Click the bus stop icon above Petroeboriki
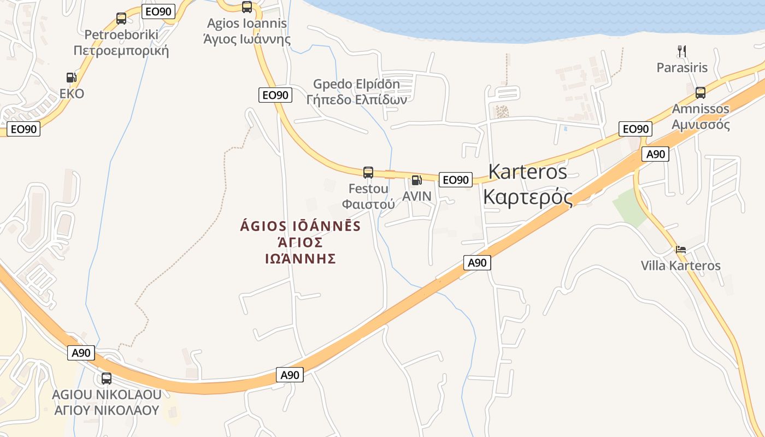(121, 19)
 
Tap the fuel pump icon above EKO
(72, 78)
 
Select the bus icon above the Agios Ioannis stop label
(247, 7)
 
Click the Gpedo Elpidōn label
(356, 92)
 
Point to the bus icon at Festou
(368, 173)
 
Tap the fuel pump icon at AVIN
(416, 180)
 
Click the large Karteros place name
(528, 184)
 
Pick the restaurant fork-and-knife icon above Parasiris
(681, 51)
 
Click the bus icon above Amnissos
(701, 92)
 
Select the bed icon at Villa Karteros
(681, 250)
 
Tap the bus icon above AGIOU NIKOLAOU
(107, 378)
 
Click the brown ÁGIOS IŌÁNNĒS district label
(300, 241)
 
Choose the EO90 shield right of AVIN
(455, 179)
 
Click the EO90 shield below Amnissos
(635, 129)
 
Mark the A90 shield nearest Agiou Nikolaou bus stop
(81, 353)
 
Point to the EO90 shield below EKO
(24, 129)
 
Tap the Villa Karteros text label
(681, 266)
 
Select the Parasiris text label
(682, 68)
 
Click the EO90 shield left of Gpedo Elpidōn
(275, 95)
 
